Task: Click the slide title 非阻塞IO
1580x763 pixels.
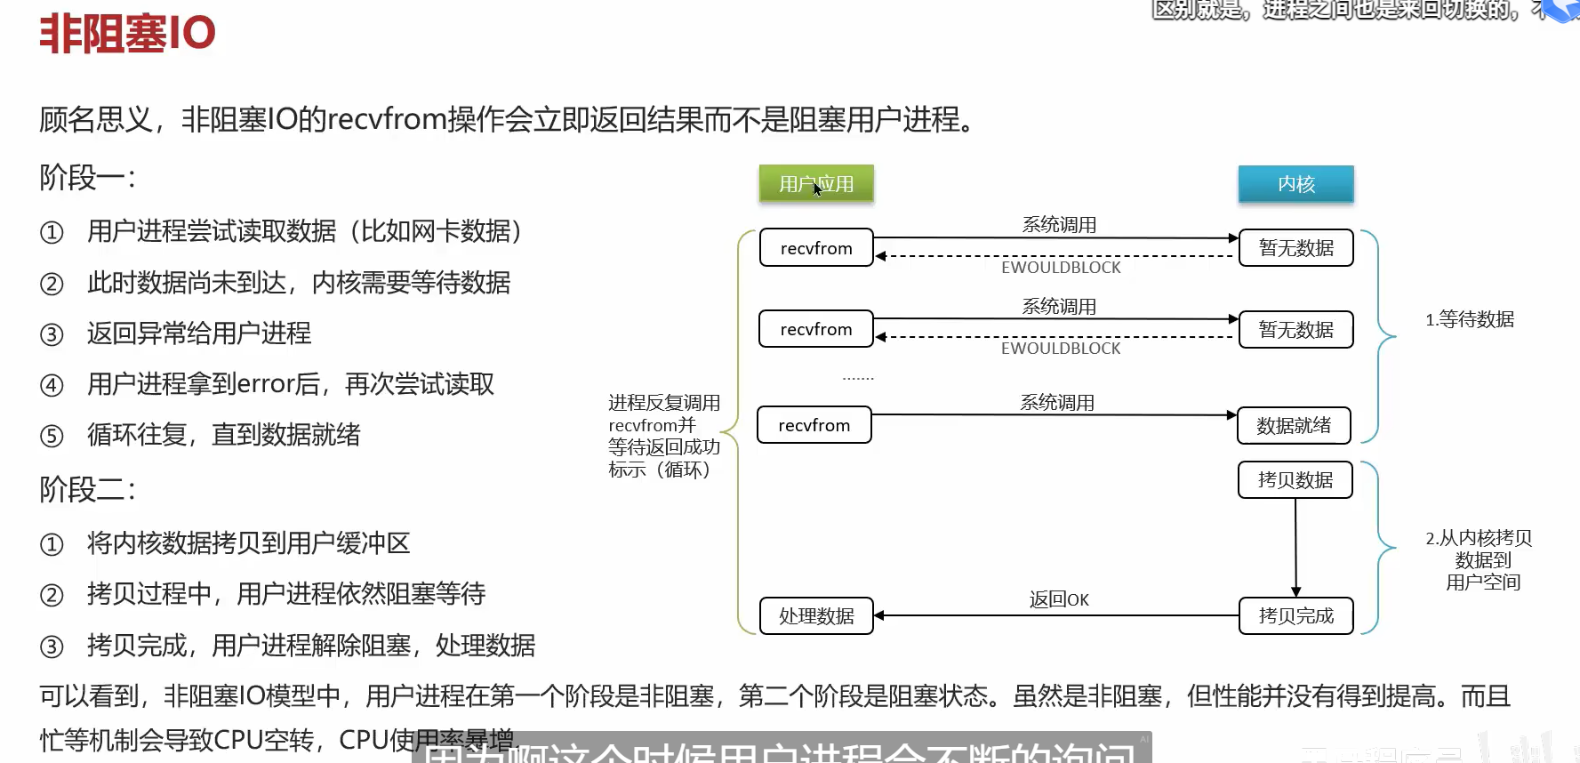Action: click(x=127, y=34)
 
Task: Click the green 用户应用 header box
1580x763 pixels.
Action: click(x=816, y=184)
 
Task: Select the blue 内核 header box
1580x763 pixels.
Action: click(x=1295, y=184)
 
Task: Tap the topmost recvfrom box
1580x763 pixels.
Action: click(x=816, y=248)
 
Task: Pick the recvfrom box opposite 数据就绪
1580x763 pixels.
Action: click(x=814, y=425)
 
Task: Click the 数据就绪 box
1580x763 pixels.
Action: click(x=1294, y=426)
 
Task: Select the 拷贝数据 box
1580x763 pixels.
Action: click(x=1295, y=480)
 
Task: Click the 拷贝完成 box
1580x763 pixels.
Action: click(x=1295, y=615)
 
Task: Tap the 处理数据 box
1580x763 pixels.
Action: click(x=816, y=615)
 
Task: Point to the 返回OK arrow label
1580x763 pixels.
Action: click(x=1059, y=599)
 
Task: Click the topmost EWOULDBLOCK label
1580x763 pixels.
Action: click(x=1061, y=268)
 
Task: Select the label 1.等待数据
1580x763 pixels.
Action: click(x=1470, y=319)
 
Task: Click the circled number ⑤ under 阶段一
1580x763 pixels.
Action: click(x=52, y=436)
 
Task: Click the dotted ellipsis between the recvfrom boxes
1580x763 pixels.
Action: click(x=858, y=378)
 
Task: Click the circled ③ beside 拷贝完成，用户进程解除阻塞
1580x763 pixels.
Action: click(x=52, y=647)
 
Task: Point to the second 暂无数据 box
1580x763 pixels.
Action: click(x=1295, y=330)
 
